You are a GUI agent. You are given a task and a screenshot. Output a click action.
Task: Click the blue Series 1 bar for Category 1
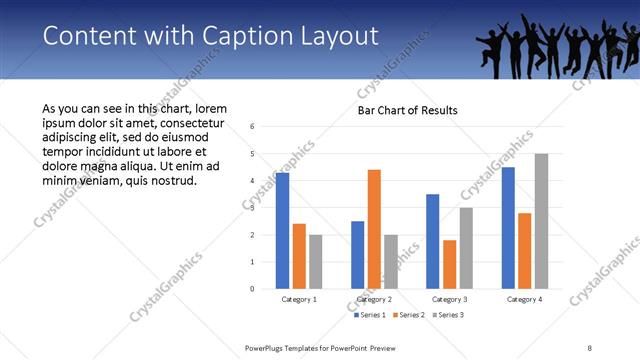(282, 231)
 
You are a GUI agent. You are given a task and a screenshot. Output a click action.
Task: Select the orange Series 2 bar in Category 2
(374, 229)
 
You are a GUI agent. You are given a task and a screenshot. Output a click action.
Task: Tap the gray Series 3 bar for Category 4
(541, 221)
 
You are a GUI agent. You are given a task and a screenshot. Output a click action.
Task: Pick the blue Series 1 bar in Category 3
(432, 241)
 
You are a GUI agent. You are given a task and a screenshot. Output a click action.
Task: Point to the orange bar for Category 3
(449, 264)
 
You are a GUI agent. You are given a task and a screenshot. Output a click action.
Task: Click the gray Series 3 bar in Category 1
(315, 262)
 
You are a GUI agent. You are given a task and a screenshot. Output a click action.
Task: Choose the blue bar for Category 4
(508, 228)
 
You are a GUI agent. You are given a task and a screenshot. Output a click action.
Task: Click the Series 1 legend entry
(371, 315)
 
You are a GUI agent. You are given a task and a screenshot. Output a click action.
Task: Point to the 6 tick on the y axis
(252, 127)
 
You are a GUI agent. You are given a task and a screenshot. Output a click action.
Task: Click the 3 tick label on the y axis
(252, 208)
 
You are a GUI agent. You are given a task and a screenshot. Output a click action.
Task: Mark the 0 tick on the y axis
(252, 289)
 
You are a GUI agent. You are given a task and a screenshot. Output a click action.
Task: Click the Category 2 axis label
(374, 299)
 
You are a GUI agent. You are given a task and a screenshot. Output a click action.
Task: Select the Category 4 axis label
(524, 299)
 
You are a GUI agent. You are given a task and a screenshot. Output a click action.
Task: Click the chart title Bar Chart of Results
(408, 110)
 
